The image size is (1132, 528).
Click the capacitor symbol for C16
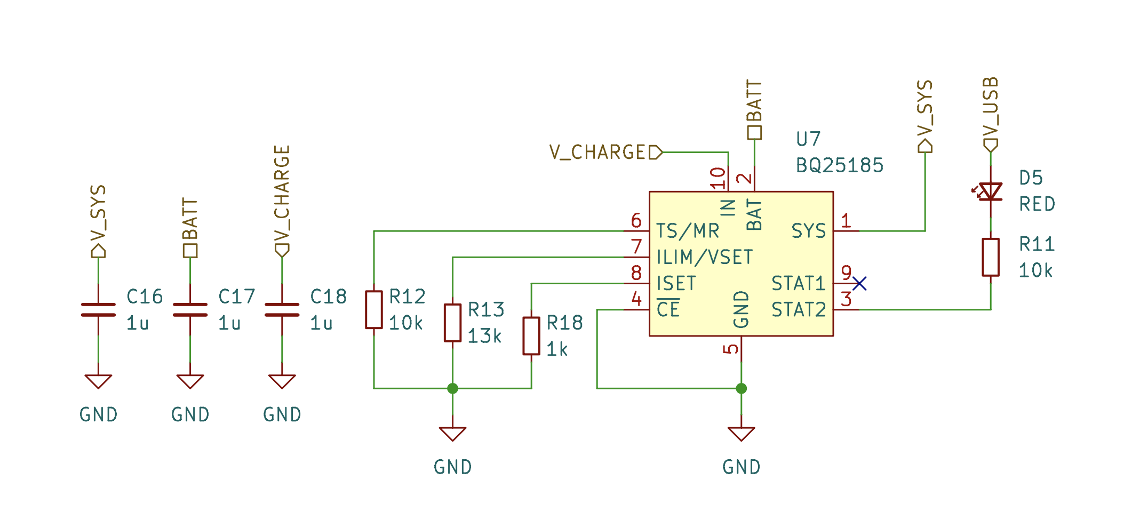(98, 310)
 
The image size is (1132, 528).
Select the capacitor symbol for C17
(190, 310)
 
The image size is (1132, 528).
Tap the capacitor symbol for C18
(282, 310)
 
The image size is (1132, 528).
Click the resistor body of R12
(373, 310)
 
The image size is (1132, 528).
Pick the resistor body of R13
(452, 323)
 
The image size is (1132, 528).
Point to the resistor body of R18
(531, 336)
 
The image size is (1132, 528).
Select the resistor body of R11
(991, 257)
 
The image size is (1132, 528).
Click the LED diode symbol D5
(991, 191)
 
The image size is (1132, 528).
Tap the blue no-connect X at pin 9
(859, 283)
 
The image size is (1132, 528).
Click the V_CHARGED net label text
(597, 153)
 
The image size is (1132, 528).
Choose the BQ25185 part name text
(839, 165)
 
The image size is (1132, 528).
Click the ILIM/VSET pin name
(704, 257)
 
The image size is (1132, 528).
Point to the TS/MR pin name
(687, 231)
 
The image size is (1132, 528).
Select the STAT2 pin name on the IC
(798, 309)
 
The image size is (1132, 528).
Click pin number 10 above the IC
(719, 178)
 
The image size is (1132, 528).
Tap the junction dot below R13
(452, 388)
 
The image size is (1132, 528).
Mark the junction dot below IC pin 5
(741, 388)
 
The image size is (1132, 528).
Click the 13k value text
(484, 336)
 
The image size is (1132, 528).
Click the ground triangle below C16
(98, 381)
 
